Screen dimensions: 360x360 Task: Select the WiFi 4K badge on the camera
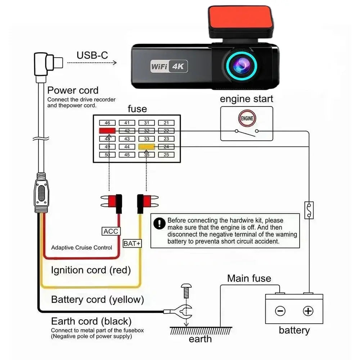tap(169, 66)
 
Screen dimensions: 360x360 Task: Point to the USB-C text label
tap(92, 55)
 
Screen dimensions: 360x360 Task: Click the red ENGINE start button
tap(247, 118)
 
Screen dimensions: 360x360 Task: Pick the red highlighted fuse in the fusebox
tap(107, 131)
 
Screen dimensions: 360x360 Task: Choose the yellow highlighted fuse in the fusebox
tap(147, 147)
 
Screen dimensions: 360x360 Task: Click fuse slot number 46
tap(107, 123)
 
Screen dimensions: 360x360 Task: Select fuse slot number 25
tap(166, 155)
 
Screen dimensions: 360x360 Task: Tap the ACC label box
tap(111, 231)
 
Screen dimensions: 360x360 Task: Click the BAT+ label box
tap(132, 243)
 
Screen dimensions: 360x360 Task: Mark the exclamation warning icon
tap(159, 224)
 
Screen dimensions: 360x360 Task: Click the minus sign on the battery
tap(280, 311)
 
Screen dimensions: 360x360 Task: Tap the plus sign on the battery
tap(308, 311)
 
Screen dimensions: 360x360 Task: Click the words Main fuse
tap(249, 278)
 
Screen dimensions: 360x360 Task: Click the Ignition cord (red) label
tap(91, 270)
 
